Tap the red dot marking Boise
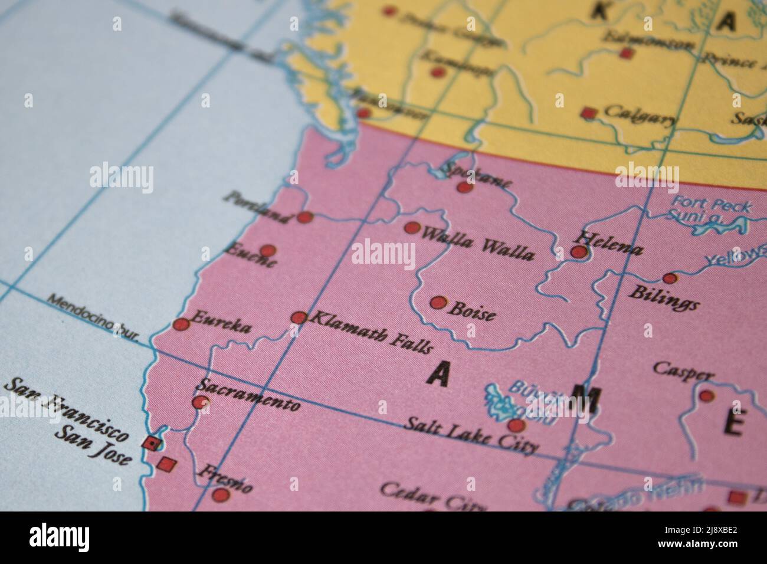click(x=438, y=303)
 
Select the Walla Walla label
click(x=478, y=242)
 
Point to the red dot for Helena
click(x=579, y=253)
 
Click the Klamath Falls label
click(x=371, y=333)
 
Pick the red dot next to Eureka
click(x=182, y=324)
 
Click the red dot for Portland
click(x=304, y=217)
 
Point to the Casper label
click(x=683, y=371)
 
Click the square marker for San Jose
click(x=167, y=464)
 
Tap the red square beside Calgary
click(x=588, y=113)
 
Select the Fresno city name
click(x=225, y=478)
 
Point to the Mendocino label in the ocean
click(x=92, y=317)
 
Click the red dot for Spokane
click(x=465, y=188)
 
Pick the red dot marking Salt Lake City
click(x=516, y=425)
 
